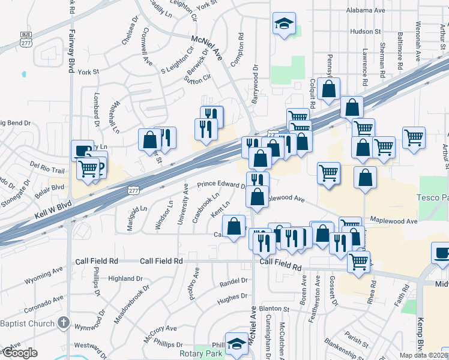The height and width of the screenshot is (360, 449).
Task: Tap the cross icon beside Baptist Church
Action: tap(63, 323)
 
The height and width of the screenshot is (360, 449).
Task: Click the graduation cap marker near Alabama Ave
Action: tap(284, 24)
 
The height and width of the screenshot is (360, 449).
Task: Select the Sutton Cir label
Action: tap(199, 78)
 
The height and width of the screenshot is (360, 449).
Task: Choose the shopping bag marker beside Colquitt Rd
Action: tap(328, 89)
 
